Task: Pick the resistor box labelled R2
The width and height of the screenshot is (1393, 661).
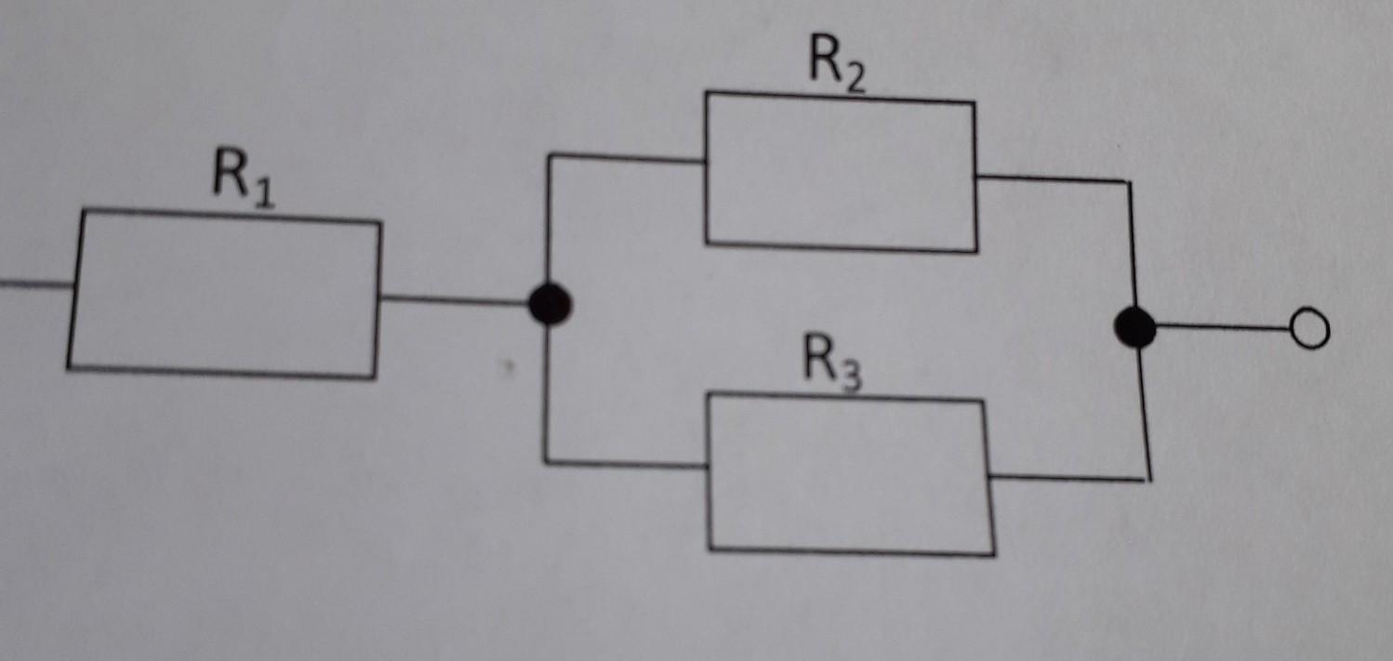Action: click(841, 172)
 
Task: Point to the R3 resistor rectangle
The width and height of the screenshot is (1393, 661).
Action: click(850, 475)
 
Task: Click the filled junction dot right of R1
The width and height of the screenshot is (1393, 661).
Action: click(550, 304)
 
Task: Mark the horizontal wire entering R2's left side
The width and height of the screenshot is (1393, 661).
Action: click(628, 159)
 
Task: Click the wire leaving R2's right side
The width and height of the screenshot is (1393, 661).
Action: click(1051, 178)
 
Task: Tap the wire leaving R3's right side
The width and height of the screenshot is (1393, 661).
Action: click(1069, 478)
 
